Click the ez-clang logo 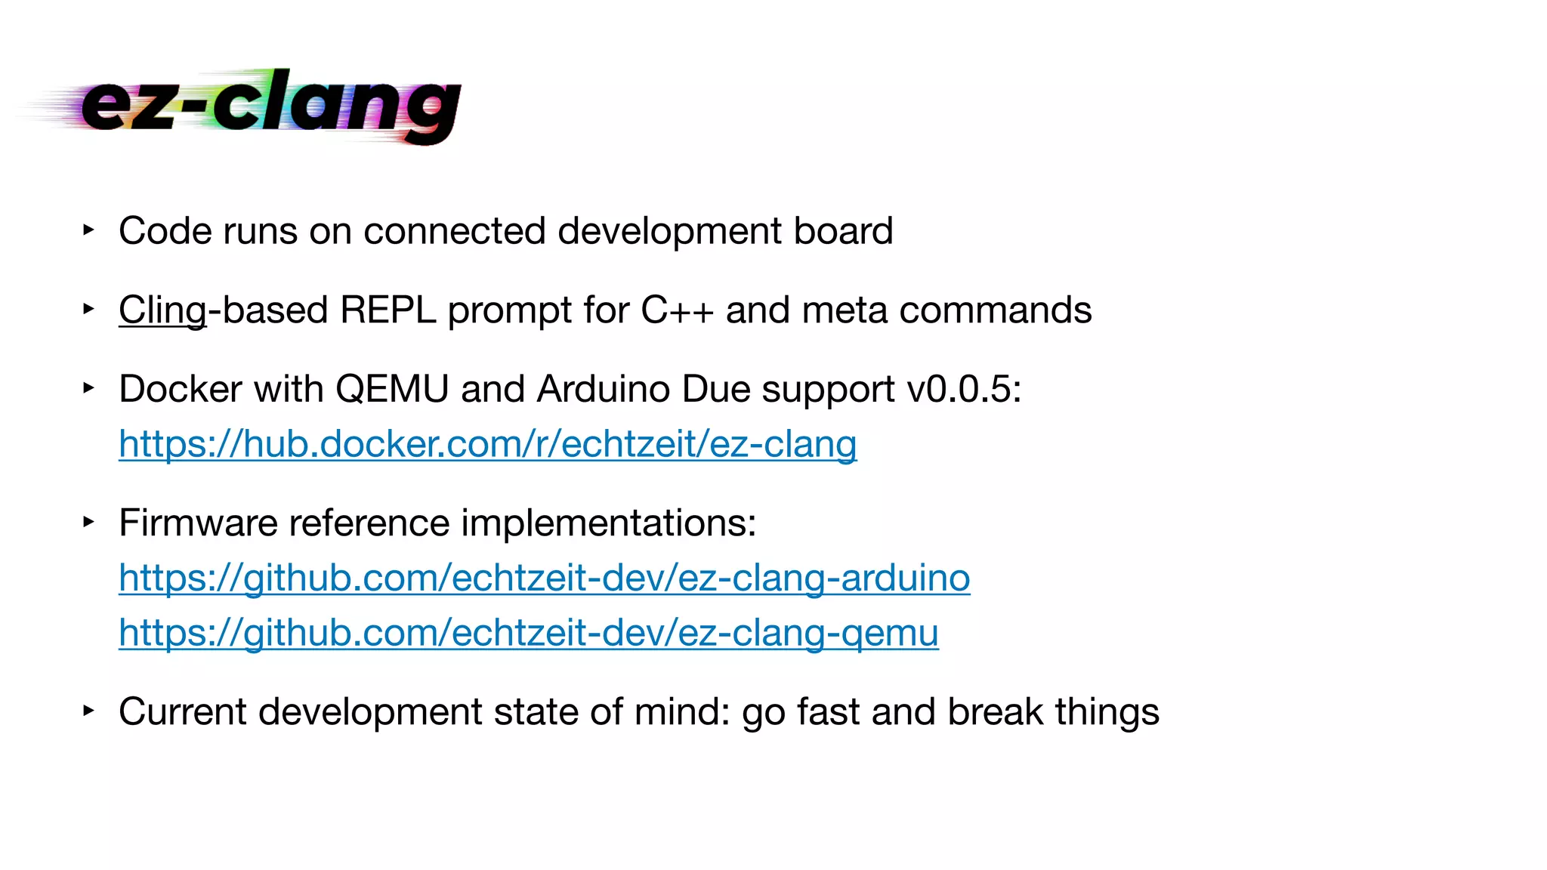[x=257, y=106]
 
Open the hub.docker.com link [x=487, y=444]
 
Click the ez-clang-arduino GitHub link [x=544, y=578]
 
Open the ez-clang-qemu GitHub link [x=529, y=633]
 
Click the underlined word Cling [x=162, y=310]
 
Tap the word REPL [x=388, y=310]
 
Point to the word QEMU [x=392, y=390]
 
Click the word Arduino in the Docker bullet [x=604, y=390]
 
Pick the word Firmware [x=198, y=523]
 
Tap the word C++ [x=677, y=310]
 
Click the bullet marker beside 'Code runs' [x=88, y=229]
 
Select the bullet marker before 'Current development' [x=88, y=710]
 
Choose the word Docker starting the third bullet [x=180, y=390]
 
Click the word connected [x=454, y=231]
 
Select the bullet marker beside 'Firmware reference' [x=88, y=521]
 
